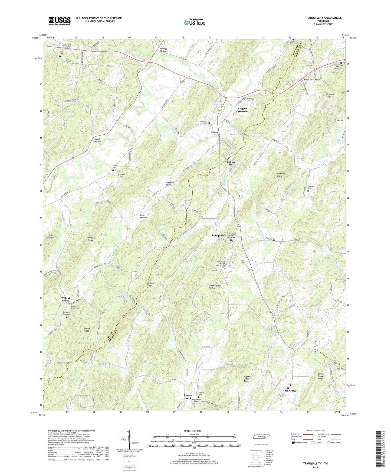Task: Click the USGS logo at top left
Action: (x=60, y=21)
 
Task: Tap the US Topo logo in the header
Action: (x=194, y=22)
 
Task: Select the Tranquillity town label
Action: (x=218, y=236)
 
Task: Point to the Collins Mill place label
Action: (x=231, y=163)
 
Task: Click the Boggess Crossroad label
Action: (x=242, y=110)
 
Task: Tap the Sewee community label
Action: (x=215, y=132)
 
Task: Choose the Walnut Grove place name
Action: (x=65, y=299)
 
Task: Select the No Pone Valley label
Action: (x=170, y=184)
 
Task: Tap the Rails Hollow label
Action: (x=143, y=216)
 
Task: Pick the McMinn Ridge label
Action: (x=151, y=284)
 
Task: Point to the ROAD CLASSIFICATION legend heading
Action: (x=316, y=430)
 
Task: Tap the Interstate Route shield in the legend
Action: (x=293, y=443)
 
